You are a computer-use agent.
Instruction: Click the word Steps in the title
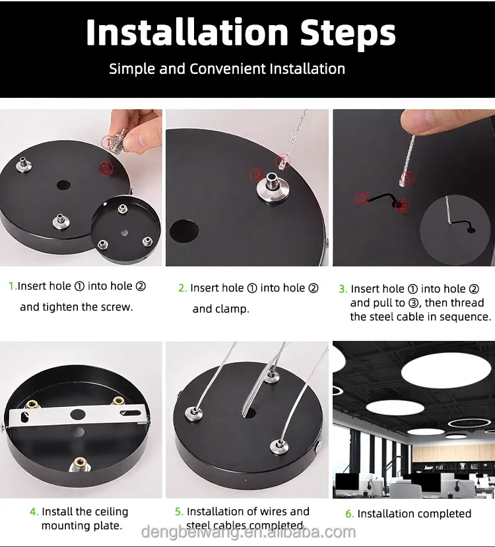348,33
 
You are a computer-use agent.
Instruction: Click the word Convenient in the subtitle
228,69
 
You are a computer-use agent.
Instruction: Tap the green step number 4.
34,512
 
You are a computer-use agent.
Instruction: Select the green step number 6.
350,514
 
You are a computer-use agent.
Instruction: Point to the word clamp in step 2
219,309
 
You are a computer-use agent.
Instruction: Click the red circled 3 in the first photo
106,168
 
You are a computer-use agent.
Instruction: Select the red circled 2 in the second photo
257,174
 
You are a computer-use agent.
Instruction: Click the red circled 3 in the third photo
362,198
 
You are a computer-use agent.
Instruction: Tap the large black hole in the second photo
184,231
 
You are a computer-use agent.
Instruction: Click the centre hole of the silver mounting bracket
78,414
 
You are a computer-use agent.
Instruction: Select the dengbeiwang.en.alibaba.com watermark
249,532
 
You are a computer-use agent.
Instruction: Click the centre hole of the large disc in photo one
64,185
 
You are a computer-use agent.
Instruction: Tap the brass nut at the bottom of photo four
80,464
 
